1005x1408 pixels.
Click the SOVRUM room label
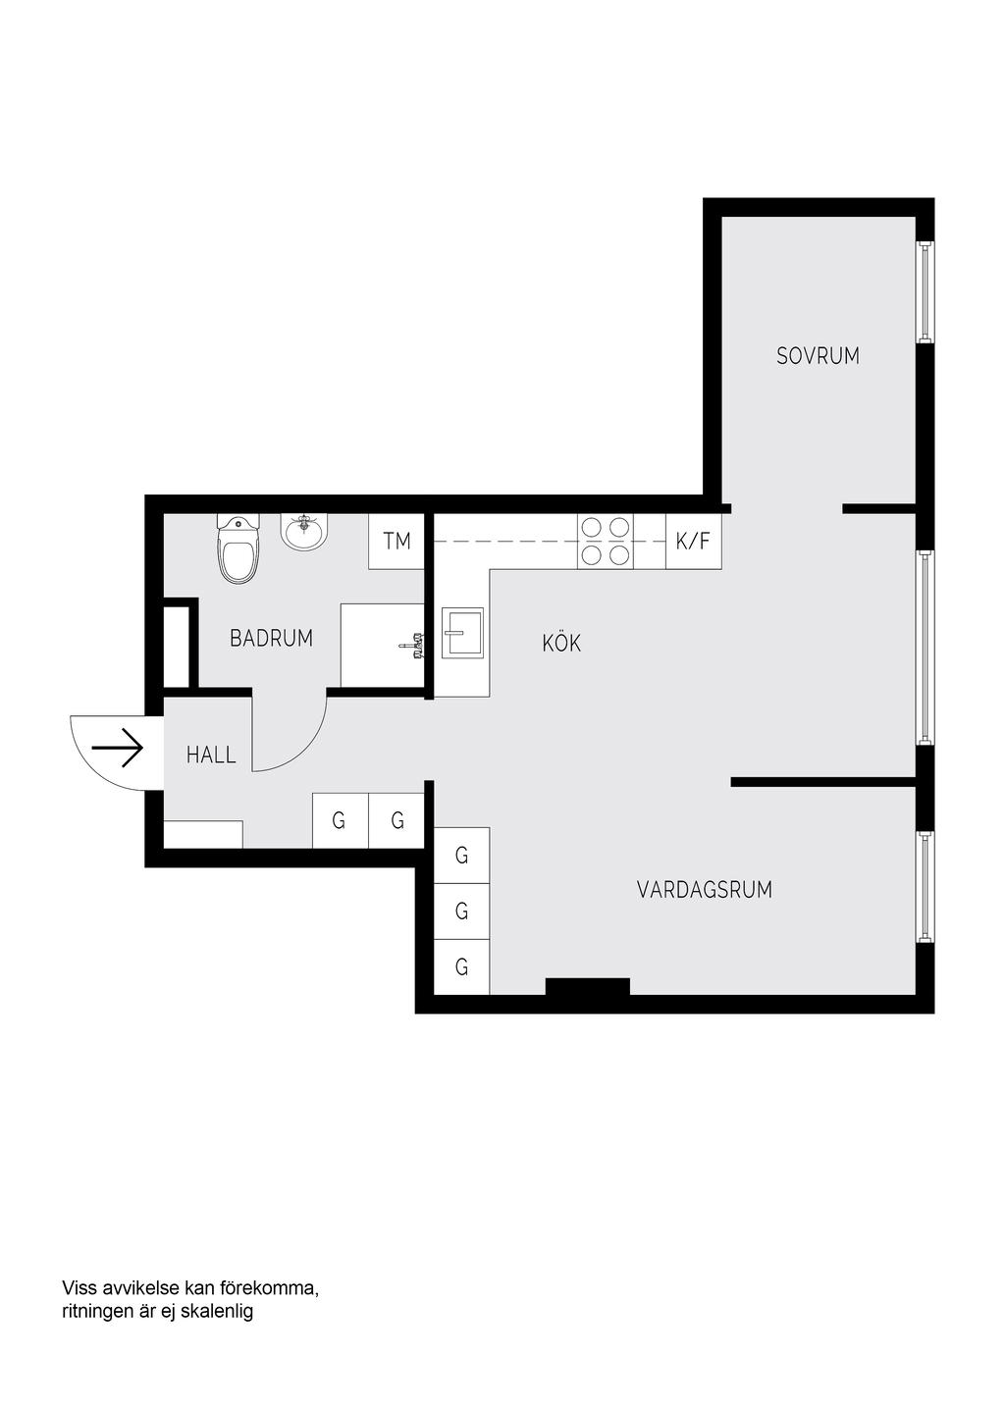817,356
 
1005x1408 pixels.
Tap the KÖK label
561,643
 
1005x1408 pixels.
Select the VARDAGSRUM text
705,889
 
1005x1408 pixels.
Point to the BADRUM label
271,638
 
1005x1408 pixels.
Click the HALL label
211,755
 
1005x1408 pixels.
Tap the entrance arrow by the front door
118,748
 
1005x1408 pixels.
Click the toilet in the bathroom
238,548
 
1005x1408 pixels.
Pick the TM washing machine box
397,542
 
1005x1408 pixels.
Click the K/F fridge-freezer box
693,542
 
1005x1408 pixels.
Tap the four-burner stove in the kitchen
605,542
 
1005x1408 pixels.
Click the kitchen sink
462,632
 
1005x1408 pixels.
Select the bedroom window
925,291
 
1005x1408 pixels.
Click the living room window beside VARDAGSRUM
925,887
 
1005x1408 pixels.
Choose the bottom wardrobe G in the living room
461,966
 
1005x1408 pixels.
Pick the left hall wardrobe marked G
340,820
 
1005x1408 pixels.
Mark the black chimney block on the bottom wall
587,986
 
